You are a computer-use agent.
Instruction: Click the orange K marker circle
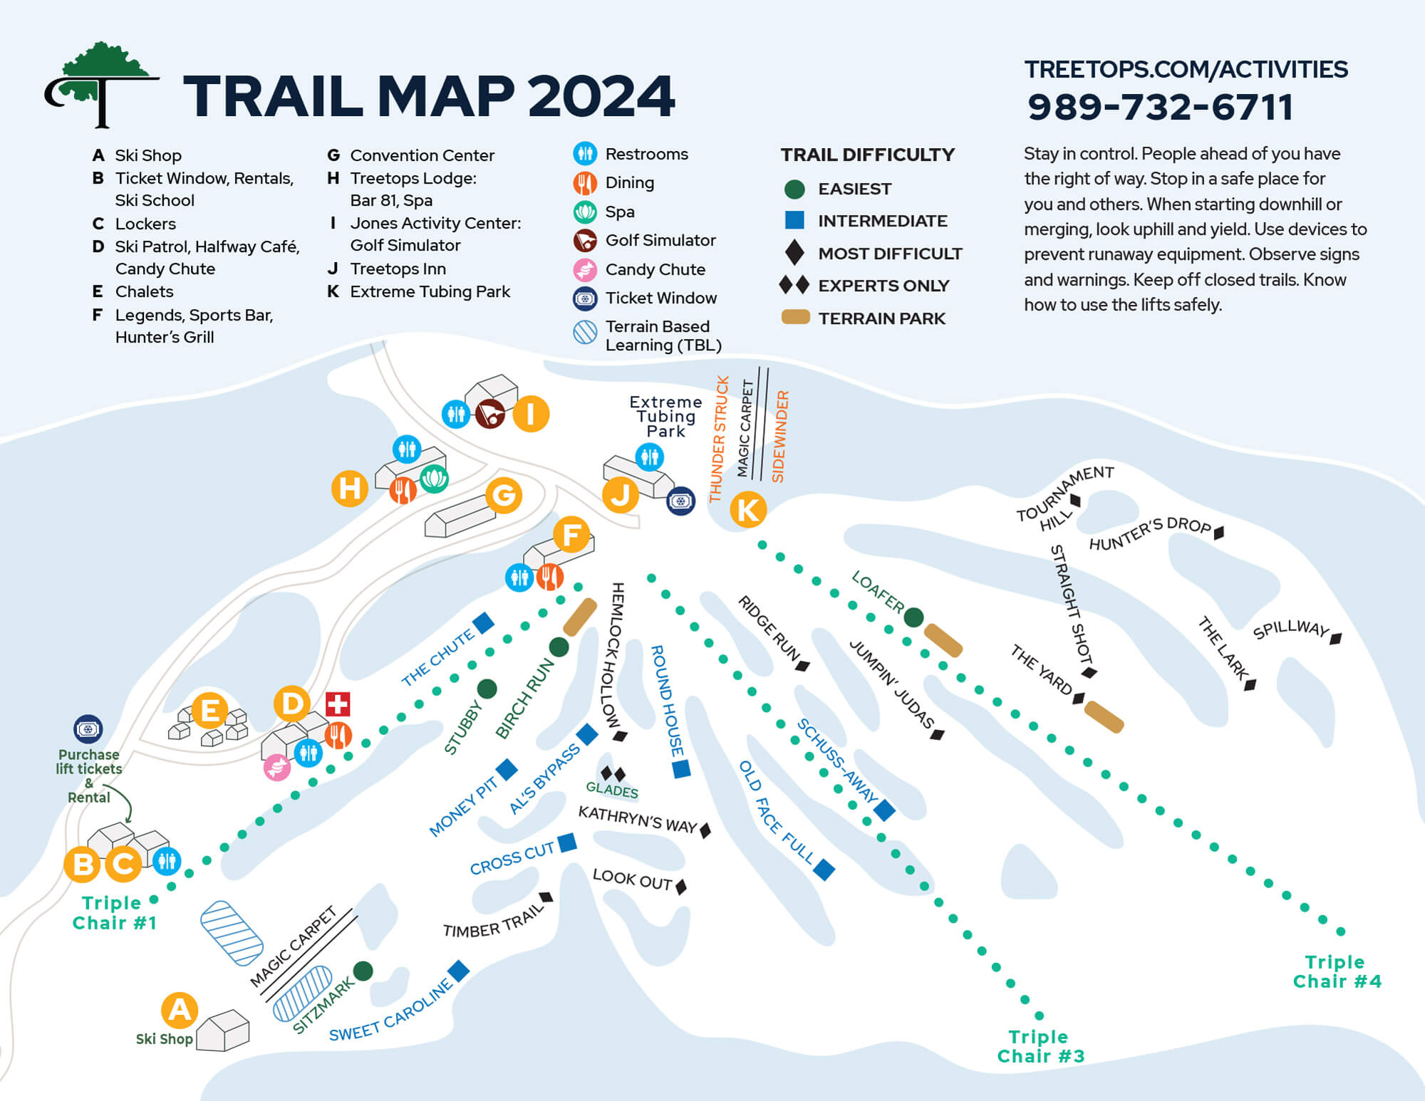748,510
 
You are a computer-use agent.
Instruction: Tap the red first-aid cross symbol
337,704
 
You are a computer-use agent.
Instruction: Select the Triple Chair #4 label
1337,972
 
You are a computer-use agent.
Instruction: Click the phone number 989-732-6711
1159,108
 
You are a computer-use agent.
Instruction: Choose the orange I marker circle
530,414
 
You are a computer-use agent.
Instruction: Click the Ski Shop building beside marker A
223,1030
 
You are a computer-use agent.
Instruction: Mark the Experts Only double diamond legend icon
794,286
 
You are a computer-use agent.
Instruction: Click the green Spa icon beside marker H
434,479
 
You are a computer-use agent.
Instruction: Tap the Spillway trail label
1290,629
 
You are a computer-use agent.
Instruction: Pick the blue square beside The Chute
484,623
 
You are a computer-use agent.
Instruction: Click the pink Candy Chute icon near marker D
277,767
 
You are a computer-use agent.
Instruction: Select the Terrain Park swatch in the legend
795,318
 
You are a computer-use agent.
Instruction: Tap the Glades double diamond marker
613,773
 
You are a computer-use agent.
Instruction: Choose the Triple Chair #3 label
1040,1046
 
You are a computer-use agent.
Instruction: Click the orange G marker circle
504,495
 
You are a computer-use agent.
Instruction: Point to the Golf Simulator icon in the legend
585,241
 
